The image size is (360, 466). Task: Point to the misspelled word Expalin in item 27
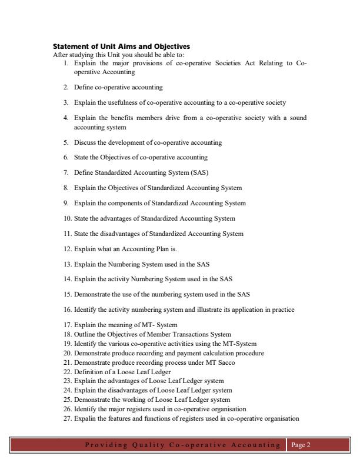click(x=84, y=419)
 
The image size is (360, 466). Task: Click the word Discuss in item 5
click(x=84, y=142)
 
